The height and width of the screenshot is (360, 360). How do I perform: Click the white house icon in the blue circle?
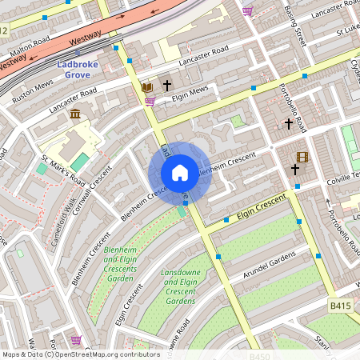coord(180,173)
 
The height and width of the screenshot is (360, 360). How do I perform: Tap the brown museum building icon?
coord(74,116)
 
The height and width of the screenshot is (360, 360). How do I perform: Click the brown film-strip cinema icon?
coord(302,157)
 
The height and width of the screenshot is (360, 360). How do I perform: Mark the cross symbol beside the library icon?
coord(167,85)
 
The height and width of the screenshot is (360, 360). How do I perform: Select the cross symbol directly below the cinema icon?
coord(295,170)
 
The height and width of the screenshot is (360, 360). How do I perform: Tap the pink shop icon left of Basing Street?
coord(247,10)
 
